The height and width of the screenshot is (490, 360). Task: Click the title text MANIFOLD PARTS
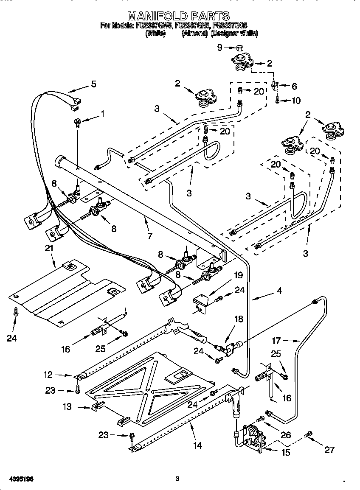tap(179, 16)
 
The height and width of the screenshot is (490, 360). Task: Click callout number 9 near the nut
tap(220, 48)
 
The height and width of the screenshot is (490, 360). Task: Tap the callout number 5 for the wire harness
tap(93, 84)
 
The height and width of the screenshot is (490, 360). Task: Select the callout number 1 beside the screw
tap(101, 114)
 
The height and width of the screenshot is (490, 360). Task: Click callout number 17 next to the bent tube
tap(276, 340)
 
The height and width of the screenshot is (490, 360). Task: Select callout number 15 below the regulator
tap(286, 453)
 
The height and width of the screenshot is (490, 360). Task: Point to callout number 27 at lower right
tap(329, 450)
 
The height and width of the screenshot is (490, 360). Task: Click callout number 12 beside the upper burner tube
tap(48, 375)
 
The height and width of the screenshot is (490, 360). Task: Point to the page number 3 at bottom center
tap(177, 479)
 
